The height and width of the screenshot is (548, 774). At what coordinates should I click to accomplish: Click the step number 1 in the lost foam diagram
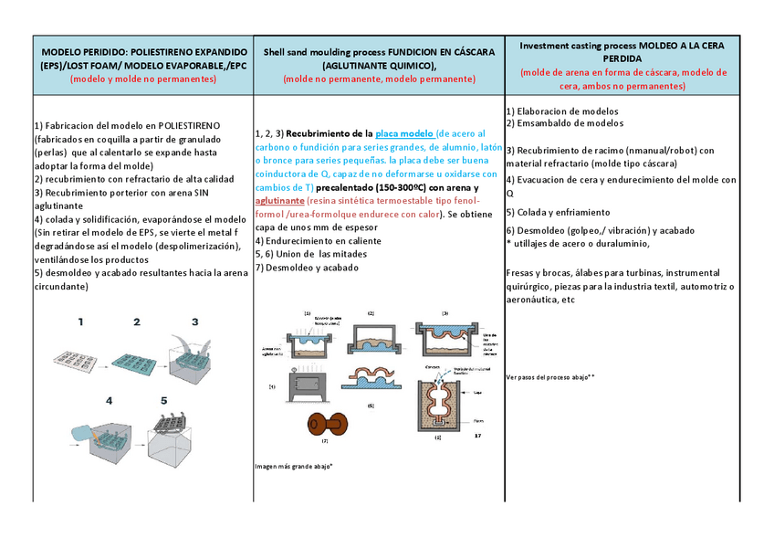click(80, 321)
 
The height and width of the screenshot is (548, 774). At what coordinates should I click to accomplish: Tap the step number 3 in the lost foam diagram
click(194, 321)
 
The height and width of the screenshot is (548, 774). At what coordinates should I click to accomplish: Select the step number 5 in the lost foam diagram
click(164, 400)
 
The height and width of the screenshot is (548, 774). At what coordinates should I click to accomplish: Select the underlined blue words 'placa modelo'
click(404, 133)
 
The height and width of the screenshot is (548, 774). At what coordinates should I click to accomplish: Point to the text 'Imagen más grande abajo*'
click(294, 466)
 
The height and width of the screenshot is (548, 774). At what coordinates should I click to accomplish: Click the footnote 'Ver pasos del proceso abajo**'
click(550, 376)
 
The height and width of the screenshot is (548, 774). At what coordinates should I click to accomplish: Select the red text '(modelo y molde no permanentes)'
click(143, 79)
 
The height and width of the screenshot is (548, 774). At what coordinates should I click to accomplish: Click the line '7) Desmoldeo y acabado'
click(307, 268)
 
